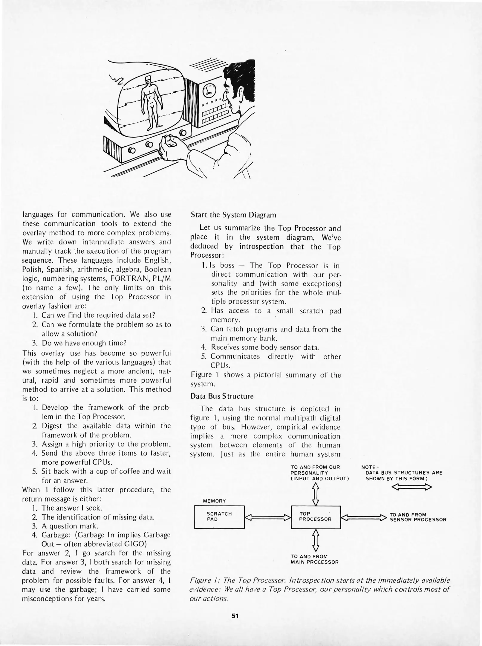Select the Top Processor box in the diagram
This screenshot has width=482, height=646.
pyautogui.click(x=316, y=517)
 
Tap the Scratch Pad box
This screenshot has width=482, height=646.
pyautogui.click(x=219, y=517)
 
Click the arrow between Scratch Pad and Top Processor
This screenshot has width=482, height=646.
pyautogui.click(x=268, y=517)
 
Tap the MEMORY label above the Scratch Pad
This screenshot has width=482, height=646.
pyautogui.click(x=214, y=501)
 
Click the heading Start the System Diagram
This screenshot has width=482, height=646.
pyautogui.click(x=233, y=215)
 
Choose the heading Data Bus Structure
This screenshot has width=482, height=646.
pyautogui.click(x=222, y=396)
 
